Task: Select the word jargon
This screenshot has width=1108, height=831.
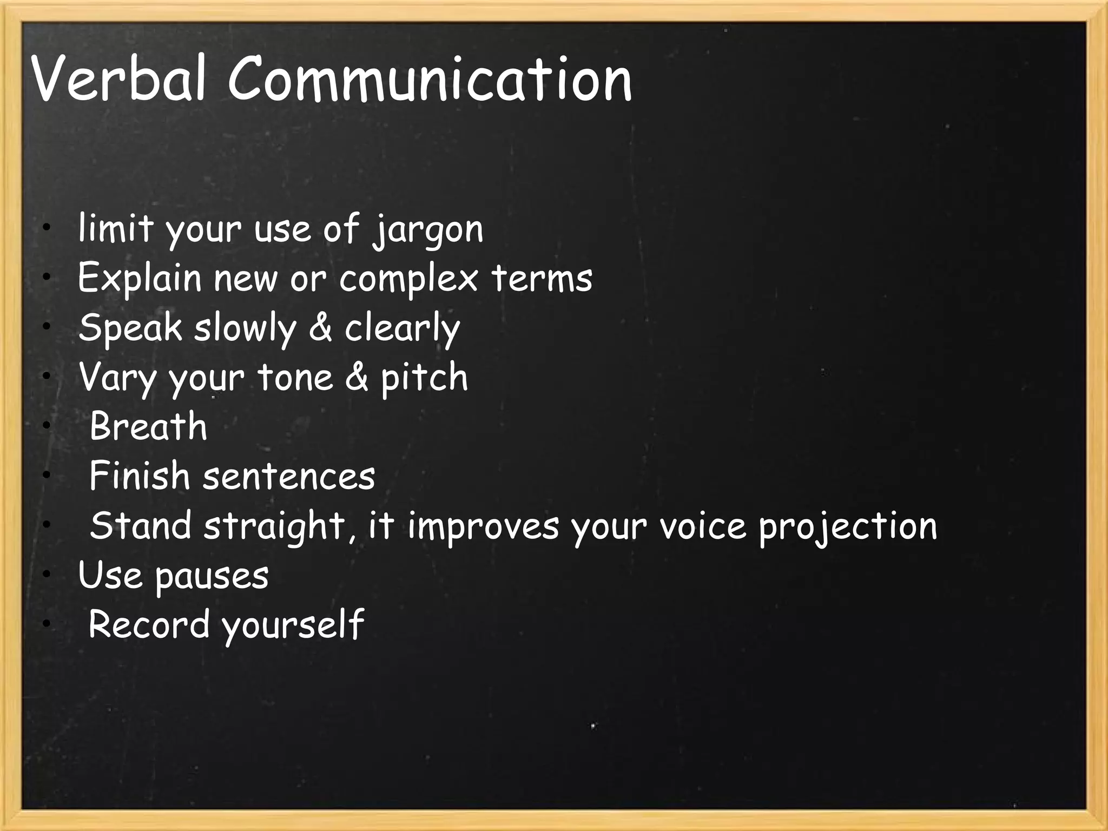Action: click(x=428, y=230)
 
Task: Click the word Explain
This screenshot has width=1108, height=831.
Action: click(x=139, y=279)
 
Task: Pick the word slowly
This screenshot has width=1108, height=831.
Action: click(x=246, y=328)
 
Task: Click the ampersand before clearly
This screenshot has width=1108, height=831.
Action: click(x=320, y=327)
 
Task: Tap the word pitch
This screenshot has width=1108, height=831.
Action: click(x=424, y=378)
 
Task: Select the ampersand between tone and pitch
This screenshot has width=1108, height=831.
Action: click(x=356, y=377)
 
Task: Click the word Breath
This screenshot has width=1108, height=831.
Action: click(x=148, y=426)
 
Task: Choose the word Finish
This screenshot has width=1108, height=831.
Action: click(x=139, y=476)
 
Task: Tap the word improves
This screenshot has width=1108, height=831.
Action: click(x=483, y=526)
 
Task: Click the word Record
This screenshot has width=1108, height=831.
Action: click(x=149, y=624)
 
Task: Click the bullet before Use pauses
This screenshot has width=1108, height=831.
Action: click(x=48, y=574)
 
